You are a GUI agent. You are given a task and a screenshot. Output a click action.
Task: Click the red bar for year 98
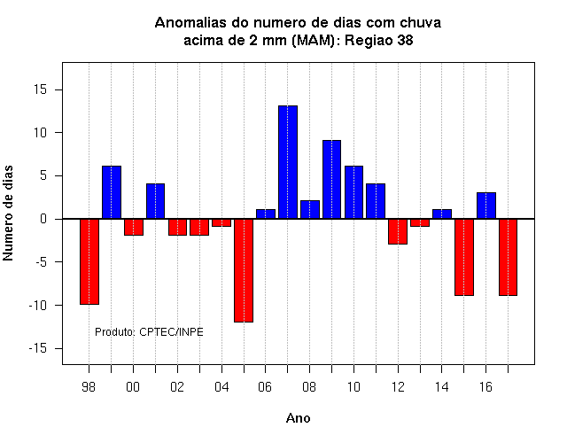(89, 261)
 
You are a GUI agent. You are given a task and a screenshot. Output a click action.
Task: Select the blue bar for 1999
(112, 192)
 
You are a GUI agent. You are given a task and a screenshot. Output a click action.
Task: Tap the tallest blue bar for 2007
(288, 162)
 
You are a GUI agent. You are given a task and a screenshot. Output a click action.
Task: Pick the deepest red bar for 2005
(244, 270)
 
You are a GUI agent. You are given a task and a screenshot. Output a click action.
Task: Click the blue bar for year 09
(331, 179)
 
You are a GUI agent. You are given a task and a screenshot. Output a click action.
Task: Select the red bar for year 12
(398, 231)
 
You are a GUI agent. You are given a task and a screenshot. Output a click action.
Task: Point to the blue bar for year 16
(486, 206)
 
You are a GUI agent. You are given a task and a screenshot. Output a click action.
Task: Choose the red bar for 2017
(508, 257)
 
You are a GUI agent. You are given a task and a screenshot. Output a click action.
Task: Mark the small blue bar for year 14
(442, 214)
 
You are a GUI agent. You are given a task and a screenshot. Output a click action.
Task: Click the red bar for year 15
(464, 257)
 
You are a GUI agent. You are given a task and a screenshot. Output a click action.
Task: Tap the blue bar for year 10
(353, 192)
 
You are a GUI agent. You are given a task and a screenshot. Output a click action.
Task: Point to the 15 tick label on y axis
(41, 89)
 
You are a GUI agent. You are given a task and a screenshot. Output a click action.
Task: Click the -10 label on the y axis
(38, 305)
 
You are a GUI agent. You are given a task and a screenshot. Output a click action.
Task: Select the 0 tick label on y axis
(43, 219)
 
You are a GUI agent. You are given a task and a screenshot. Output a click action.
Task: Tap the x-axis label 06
(265, 387)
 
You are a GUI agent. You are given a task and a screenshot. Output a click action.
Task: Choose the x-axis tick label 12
(398, 387)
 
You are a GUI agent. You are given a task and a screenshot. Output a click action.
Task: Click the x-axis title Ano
(298, 418)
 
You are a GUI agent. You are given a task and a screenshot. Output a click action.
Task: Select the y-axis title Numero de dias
(8, 213)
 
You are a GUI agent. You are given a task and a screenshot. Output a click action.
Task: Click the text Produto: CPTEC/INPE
(149, 331)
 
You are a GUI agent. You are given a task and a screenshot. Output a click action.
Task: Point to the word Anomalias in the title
(201, 23)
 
